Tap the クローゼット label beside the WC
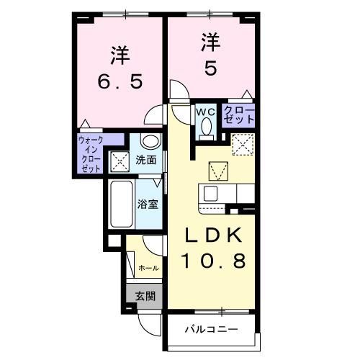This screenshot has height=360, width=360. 238,115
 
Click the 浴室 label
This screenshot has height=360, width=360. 147,204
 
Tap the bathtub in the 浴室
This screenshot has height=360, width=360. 122,204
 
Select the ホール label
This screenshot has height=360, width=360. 148,268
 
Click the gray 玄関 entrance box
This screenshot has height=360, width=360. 144,294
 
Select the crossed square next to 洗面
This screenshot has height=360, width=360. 120,161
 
